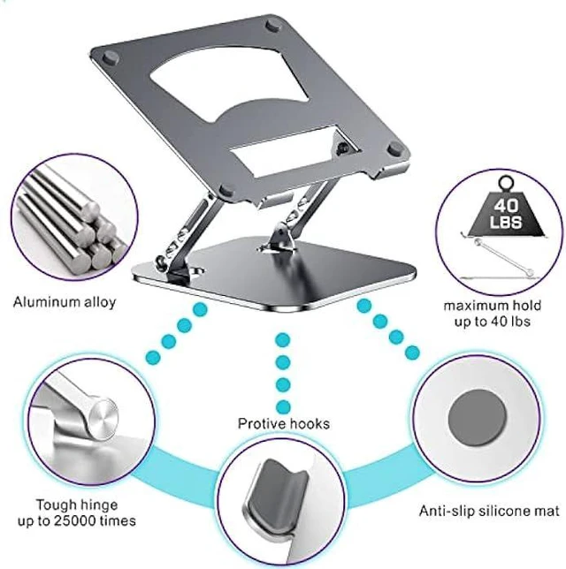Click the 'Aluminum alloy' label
65,302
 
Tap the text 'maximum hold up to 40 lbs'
493,313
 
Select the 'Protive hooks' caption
284,423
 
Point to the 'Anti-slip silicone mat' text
489,511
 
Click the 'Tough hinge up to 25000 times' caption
77,512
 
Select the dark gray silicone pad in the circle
477,416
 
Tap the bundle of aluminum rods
71,221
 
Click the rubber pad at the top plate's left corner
110,57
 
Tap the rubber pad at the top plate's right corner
394,149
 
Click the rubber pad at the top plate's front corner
226,191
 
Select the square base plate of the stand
274,272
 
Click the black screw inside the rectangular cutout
342,148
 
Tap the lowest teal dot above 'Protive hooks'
283,407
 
